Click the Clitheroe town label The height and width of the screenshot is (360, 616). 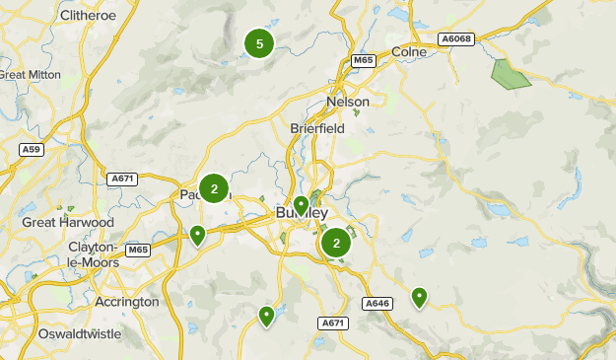tap(89, 16)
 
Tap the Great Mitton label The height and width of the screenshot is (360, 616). tap(31, 74)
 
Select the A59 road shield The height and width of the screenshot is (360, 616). tap(33, 149)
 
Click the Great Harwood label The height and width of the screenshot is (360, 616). tap(68, 223)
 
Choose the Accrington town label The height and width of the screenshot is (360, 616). tap(126, 301)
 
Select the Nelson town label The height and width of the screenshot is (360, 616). tap(348, 102)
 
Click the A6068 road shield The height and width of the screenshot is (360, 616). tap(457, 38)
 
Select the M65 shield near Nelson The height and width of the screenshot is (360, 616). tap(365, 61)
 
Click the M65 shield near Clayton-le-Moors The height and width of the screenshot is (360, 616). tap(138, 250)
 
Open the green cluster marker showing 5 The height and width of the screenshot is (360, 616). tap(259, 43)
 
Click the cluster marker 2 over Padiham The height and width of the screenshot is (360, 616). tap(214, 187)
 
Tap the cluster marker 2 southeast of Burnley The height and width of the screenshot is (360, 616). tap(337, 243)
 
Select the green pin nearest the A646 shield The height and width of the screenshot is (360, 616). tap(420, 297)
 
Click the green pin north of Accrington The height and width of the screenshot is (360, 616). tap(198, 235)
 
